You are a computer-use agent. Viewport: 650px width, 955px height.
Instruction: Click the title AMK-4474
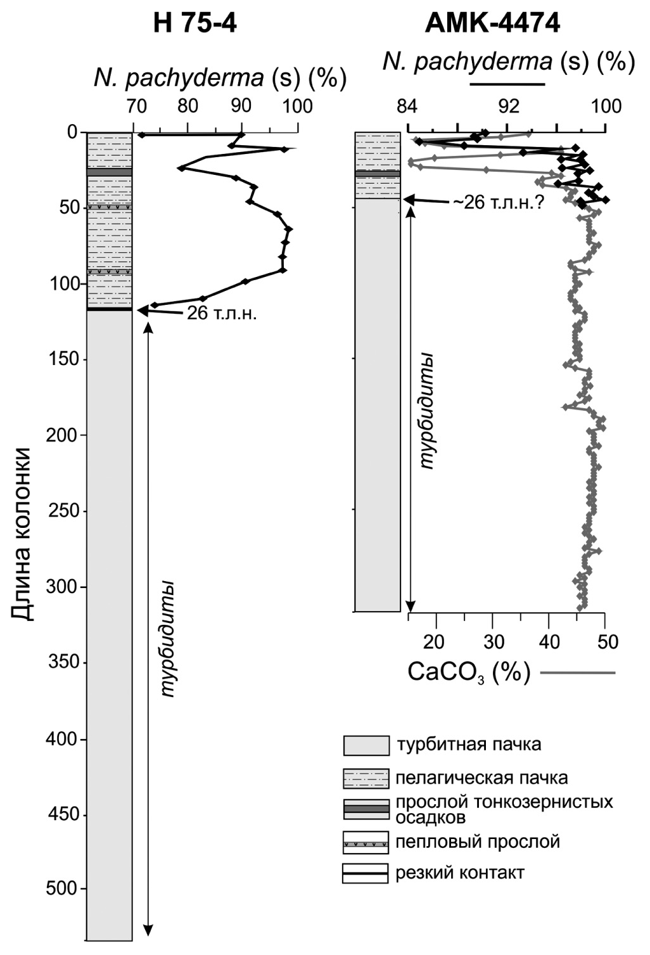(x=492, y=23)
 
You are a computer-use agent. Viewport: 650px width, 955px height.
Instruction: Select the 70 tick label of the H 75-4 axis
(x=136, y=106)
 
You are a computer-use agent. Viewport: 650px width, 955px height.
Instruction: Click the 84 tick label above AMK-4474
(x=407, y=106)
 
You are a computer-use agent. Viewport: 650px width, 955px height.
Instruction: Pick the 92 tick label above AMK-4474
(x=509, y=106)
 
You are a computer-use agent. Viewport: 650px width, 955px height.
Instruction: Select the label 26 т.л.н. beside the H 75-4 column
(x=221, y=313)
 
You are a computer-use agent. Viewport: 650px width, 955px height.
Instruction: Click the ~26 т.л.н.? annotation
(x=498, y=202)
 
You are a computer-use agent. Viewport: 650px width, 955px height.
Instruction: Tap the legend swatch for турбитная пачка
(x=366, y=746)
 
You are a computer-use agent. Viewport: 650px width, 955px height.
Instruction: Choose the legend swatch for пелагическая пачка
(x=366, y=779)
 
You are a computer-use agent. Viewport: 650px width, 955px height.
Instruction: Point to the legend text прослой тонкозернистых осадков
(x=504, y=809)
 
